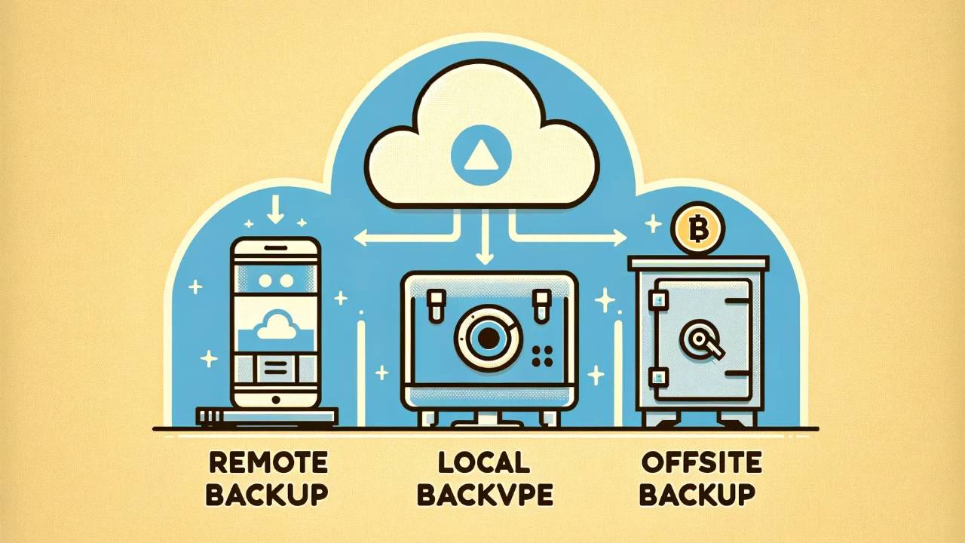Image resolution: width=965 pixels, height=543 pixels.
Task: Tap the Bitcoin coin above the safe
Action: (697, 227)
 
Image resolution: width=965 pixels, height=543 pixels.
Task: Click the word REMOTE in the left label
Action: (268, 461)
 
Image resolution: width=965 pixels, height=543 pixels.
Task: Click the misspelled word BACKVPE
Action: (485, 495)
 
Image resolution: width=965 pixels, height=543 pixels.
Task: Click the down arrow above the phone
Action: (276, 208)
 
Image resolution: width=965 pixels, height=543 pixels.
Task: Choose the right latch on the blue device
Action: (540, 303)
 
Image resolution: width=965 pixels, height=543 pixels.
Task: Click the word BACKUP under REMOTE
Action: (268, 495)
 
